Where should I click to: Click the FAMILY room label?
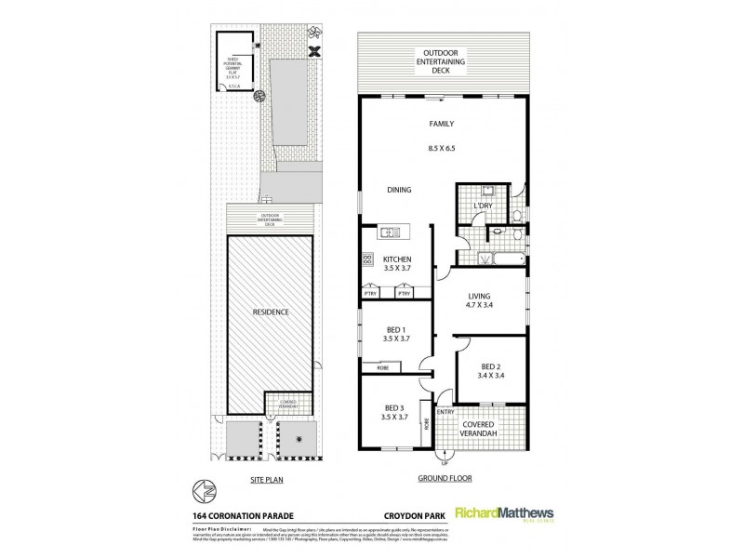(x=441, y=123)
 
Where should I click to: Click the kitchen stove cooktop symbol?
(x=367, y=260)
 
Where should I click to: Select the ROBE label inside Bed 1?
(x=383, y=368)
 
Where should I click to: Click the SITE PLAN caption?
(x=265, y=481)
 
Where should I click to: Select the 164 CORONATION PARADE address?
(x=242, y=511)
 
